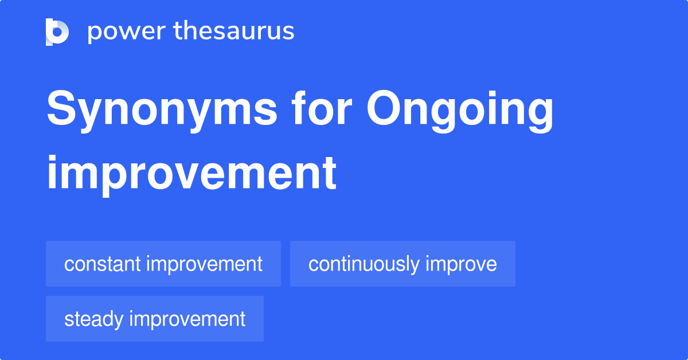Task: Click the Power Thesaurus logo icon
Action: tap(57, 32)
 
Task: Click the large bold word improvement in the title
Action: tap(191, 173)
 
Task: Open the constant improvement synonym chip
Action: tap(163, 264)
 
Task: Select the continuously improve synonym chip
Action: tap(402, 264)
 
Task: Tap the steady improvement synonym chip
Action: tap(155, 319)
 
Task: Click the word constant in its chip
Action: tap(103, 264)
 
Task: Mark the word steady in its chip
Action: tap(94, 319)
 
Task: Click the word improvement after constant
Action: tap(204, 264)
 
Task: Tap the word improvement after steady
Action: tap(187, 319)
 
